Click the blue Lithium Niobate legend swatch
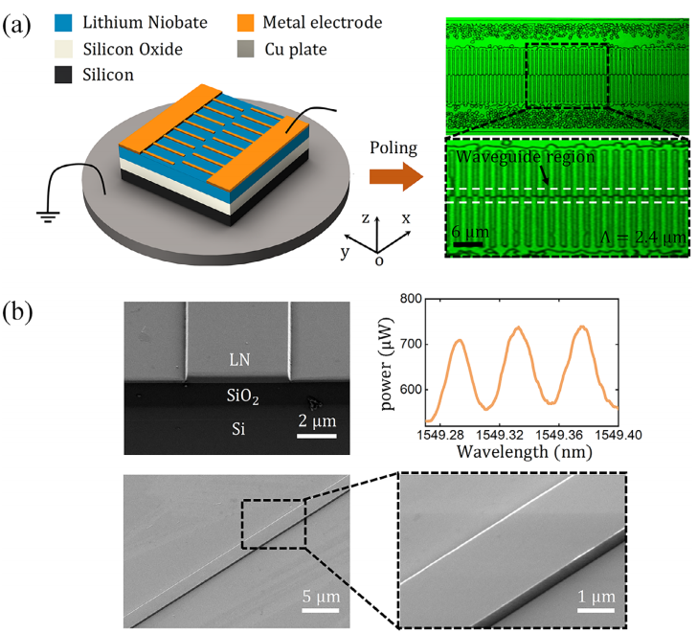59,22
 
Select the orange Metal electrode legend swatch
243,22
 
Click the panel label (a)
20,25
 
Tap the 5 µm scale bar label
320,600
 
